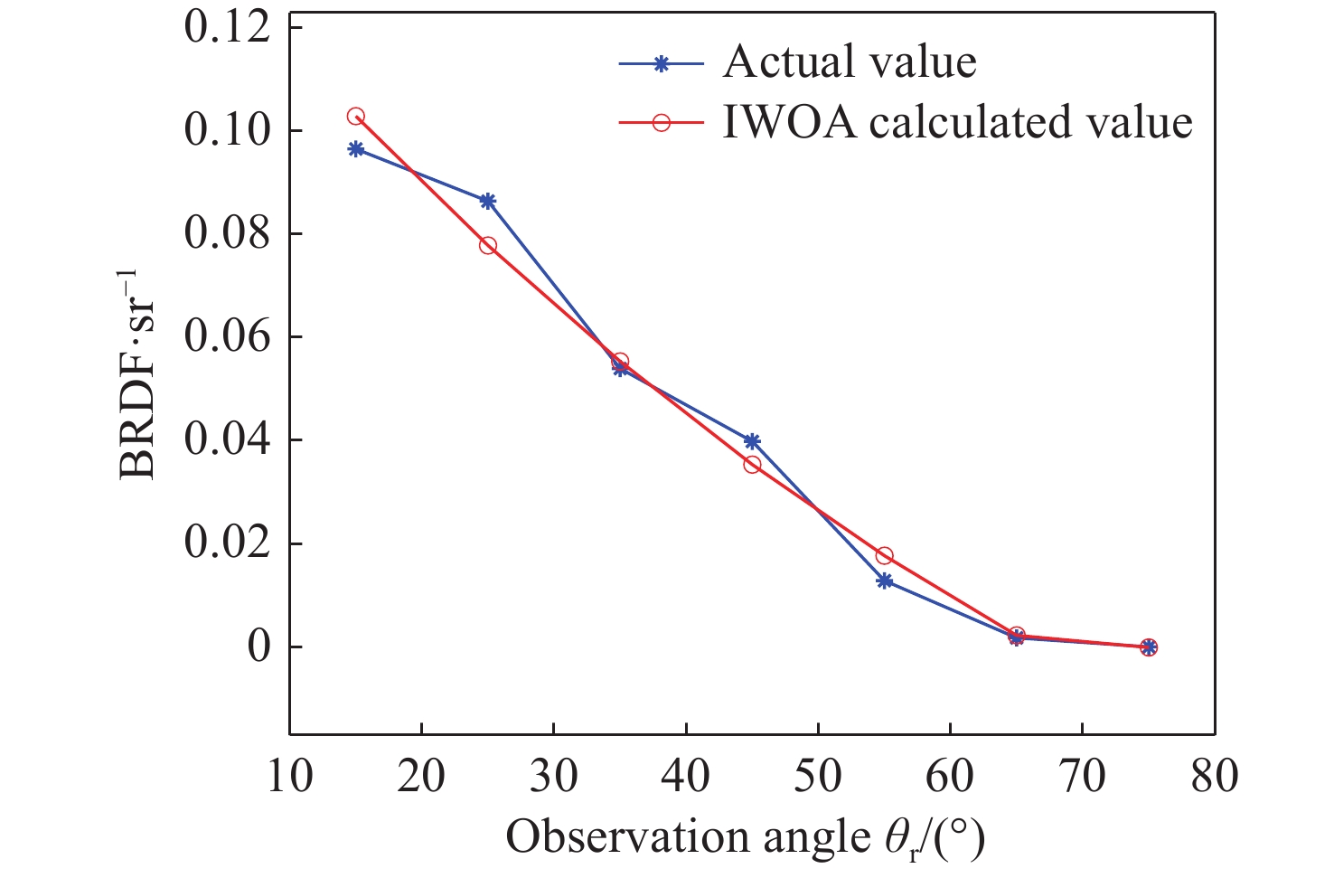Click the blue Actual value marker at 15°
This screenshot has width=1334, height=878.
click(x=356, y=149)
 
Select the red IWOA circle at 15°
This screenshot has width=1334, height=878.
click(x=356, y=117)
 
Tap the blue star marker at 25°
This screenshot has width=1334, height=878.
click(x=488, y=201)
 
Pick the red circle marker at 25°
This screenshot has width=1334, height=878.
click(x=488, y=245)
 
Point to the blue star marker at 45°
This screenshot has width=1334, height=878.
click(x=752, y=441)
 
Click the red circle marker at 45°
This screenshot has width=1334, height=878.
click(x=752, y=465)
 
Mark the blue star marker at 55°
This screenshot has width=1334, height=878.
click(x=884, y=581)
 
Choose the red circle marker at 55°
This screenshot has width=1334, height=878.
click(x=884, y=555)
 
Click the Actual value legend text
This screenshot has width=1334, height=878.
click(x=850, y=62)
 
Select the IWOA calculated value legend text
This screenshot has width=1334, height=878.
click(x=957, y=122)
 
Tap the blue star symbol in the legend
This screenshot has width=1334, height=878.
click(x=661, y=64)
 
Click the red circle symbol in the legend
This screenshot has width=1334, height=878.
click(x=661, y=122)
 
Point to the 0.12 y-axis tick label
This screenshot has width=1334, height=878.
click(x=227, y=26)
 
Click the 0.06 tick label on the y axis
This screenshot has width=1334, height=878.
click(x=227, y=337)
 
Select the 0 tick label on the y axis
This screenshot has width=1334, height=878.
click(x=259, y=647)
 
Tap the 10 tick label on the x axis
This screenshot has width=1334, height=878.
click(x=289, y=777)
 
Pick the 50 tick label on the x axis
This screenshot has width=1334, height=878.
click(x=818, y=777)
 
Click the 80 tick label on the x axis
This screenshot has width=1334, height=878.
click(x=1214, y=777)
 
